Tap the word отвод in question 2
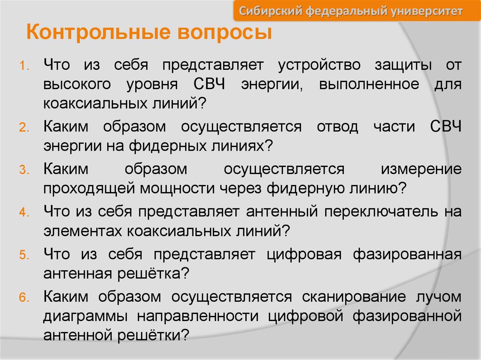click(337, 126)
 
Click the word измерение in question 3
click(421, 169)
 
